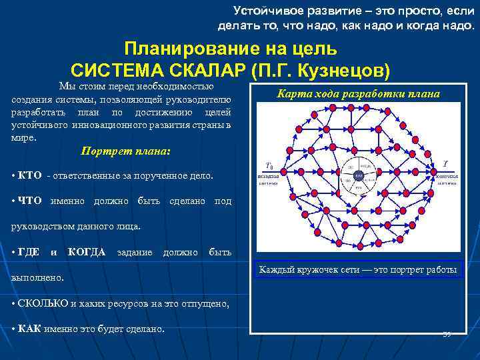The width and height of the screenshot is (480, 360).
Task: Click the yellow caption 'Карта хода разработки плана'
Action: coord(358,93)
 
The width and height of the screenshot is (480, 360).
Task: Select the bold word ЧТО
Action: coord(29,200)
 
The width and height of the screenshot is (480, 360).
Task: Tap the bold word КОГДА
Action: coord(87,252)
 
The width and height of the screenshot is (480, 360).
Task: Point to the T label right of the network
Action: coord(445,163)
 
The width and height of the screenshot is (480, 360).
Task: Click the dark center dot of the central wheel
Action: coord(358,175)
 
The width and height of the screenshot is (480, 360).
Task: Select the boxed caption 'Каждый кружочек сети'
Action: coord(358,270)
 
